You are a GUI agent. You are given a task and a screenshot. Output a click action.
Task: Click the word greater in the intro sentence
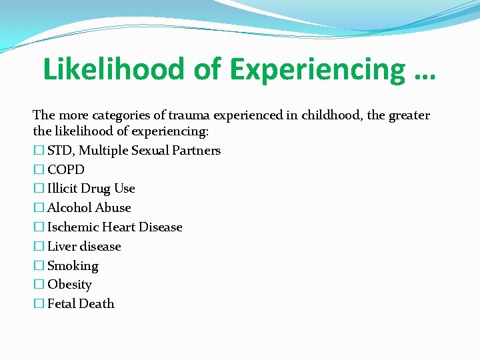tap(408, 115)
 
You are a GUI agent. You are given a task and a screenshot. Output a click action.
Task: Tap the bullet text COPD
tap(66, 170)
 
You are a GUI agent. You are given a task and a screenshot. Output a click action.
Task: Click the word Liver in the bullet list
tap(61, 247)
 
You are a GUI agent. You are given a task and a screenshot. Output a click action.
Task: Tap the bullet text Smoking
tap(73, 266)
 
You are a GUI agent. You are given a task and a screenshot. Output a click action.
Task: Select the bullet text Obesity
tap(69, 285)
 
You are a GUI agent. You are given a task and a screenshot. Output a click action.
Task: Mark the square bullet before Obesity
tap(38, 285)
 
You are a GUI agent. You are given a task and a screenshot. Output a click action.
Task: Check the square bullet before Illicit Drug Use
tap(38, 189)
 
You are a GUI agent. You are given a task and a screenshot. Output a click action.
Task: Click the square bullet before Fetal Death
tap(38, 304)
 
